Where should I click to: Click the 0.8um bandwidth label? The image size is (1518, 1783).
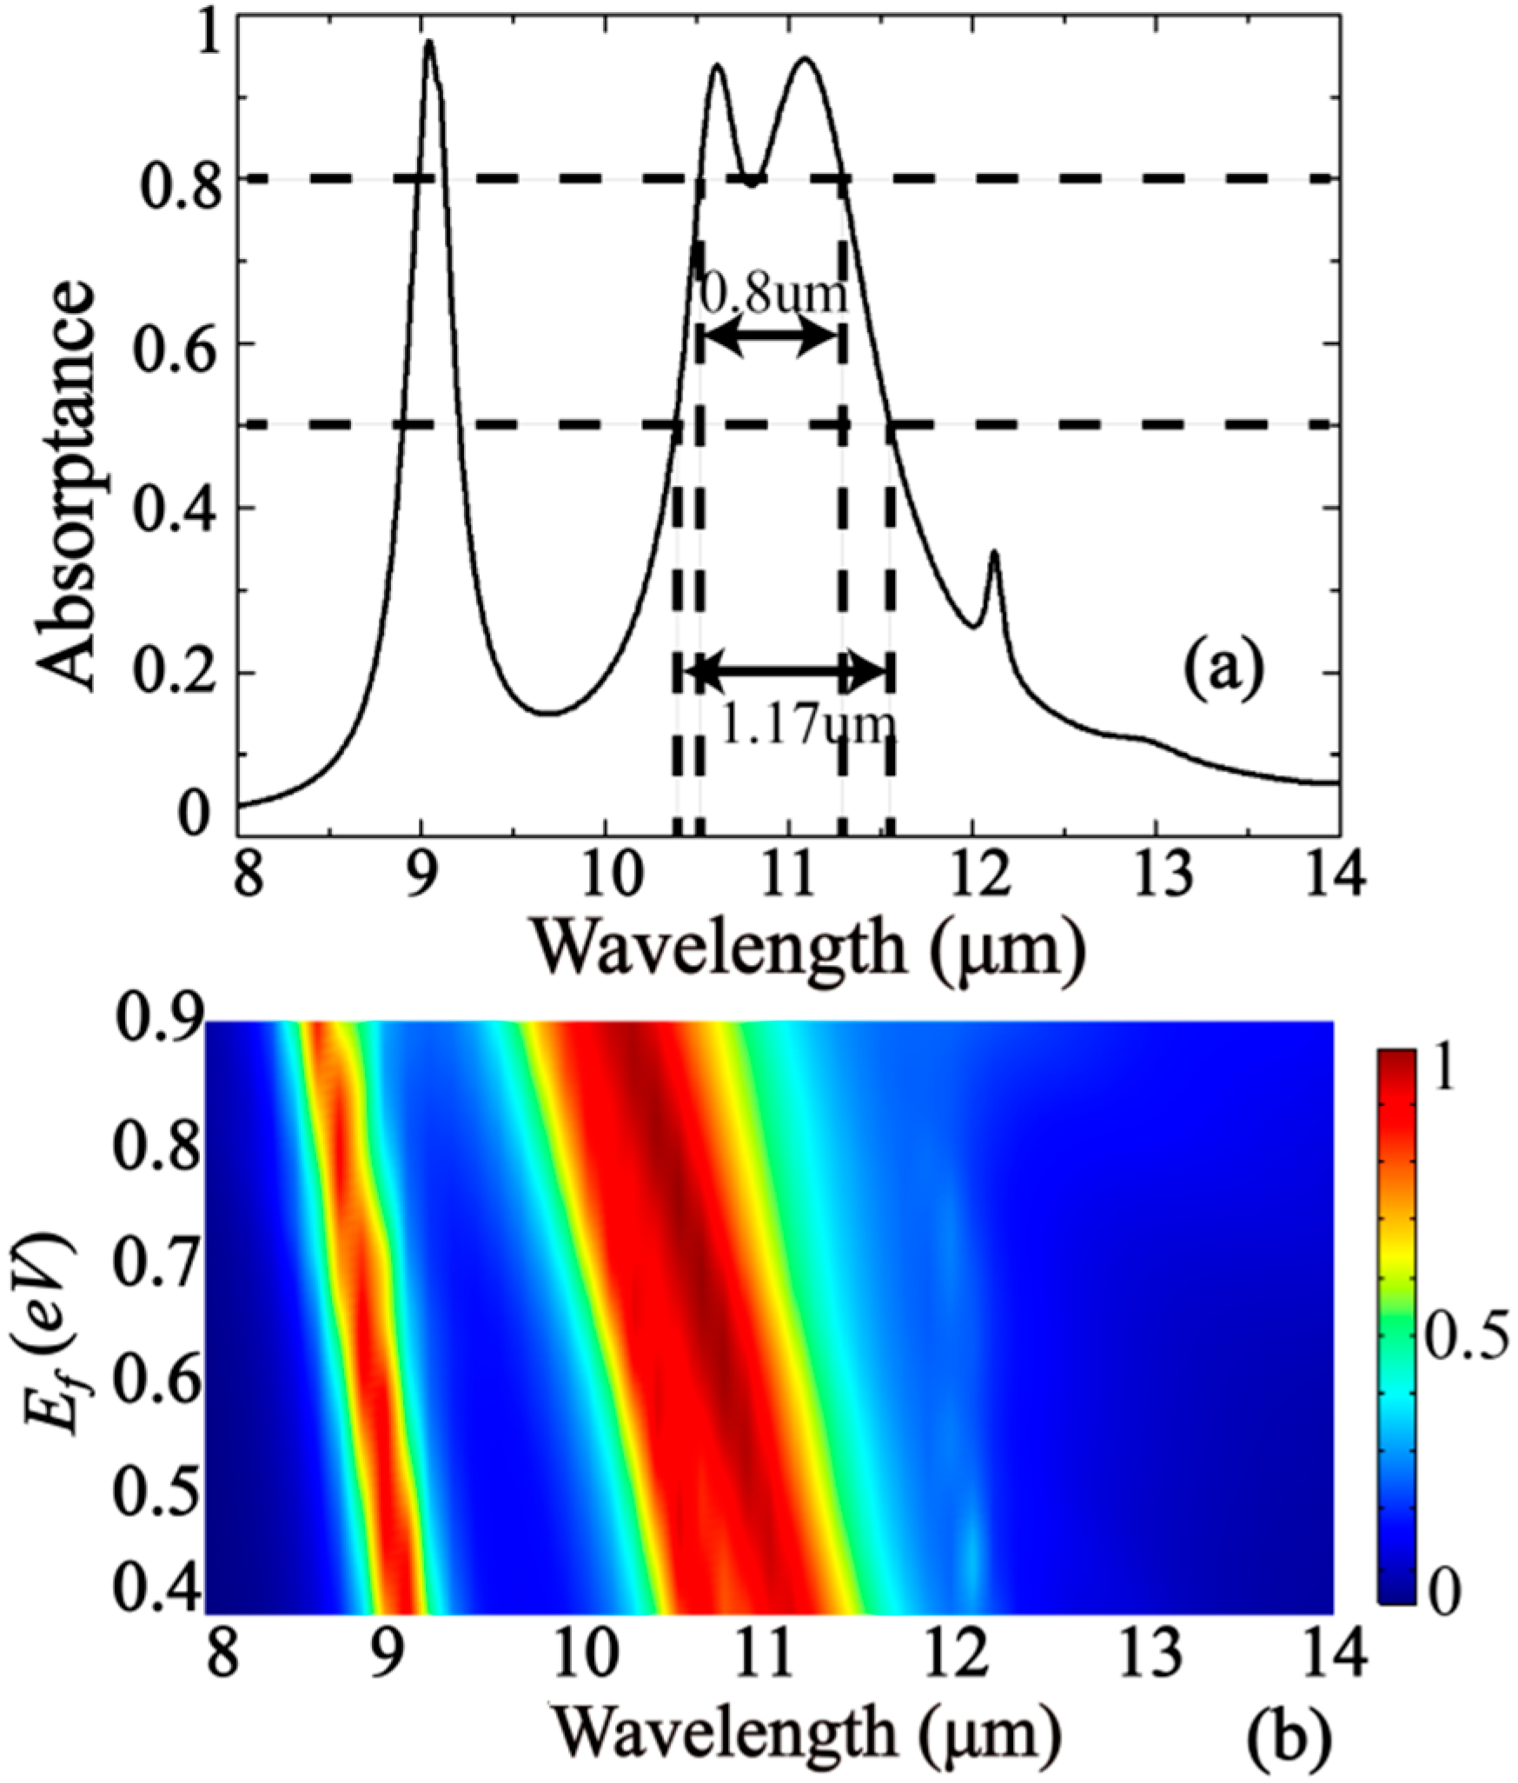point(772,295)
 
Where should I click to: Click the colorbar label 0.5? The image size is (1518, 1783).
point(1467,1315)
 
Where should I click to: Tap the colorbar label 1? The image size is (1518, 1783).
point(1446,1075)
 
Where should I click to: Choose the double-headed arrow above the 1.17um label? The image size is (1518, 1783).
point(786,671)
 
